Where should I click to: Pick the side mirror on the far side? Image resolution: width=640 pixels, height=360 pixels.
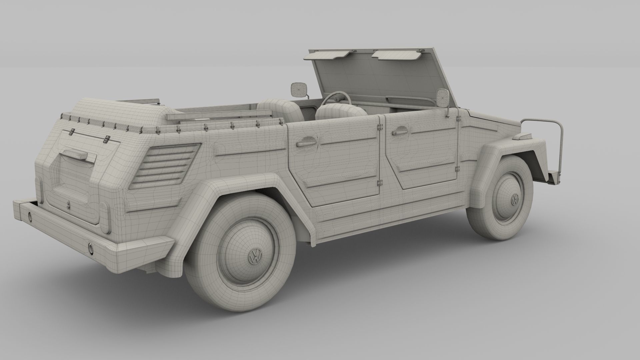coord(296,90)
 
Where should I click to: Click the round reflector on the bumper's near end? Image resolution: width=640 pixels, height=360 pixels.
coord(91,248)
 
